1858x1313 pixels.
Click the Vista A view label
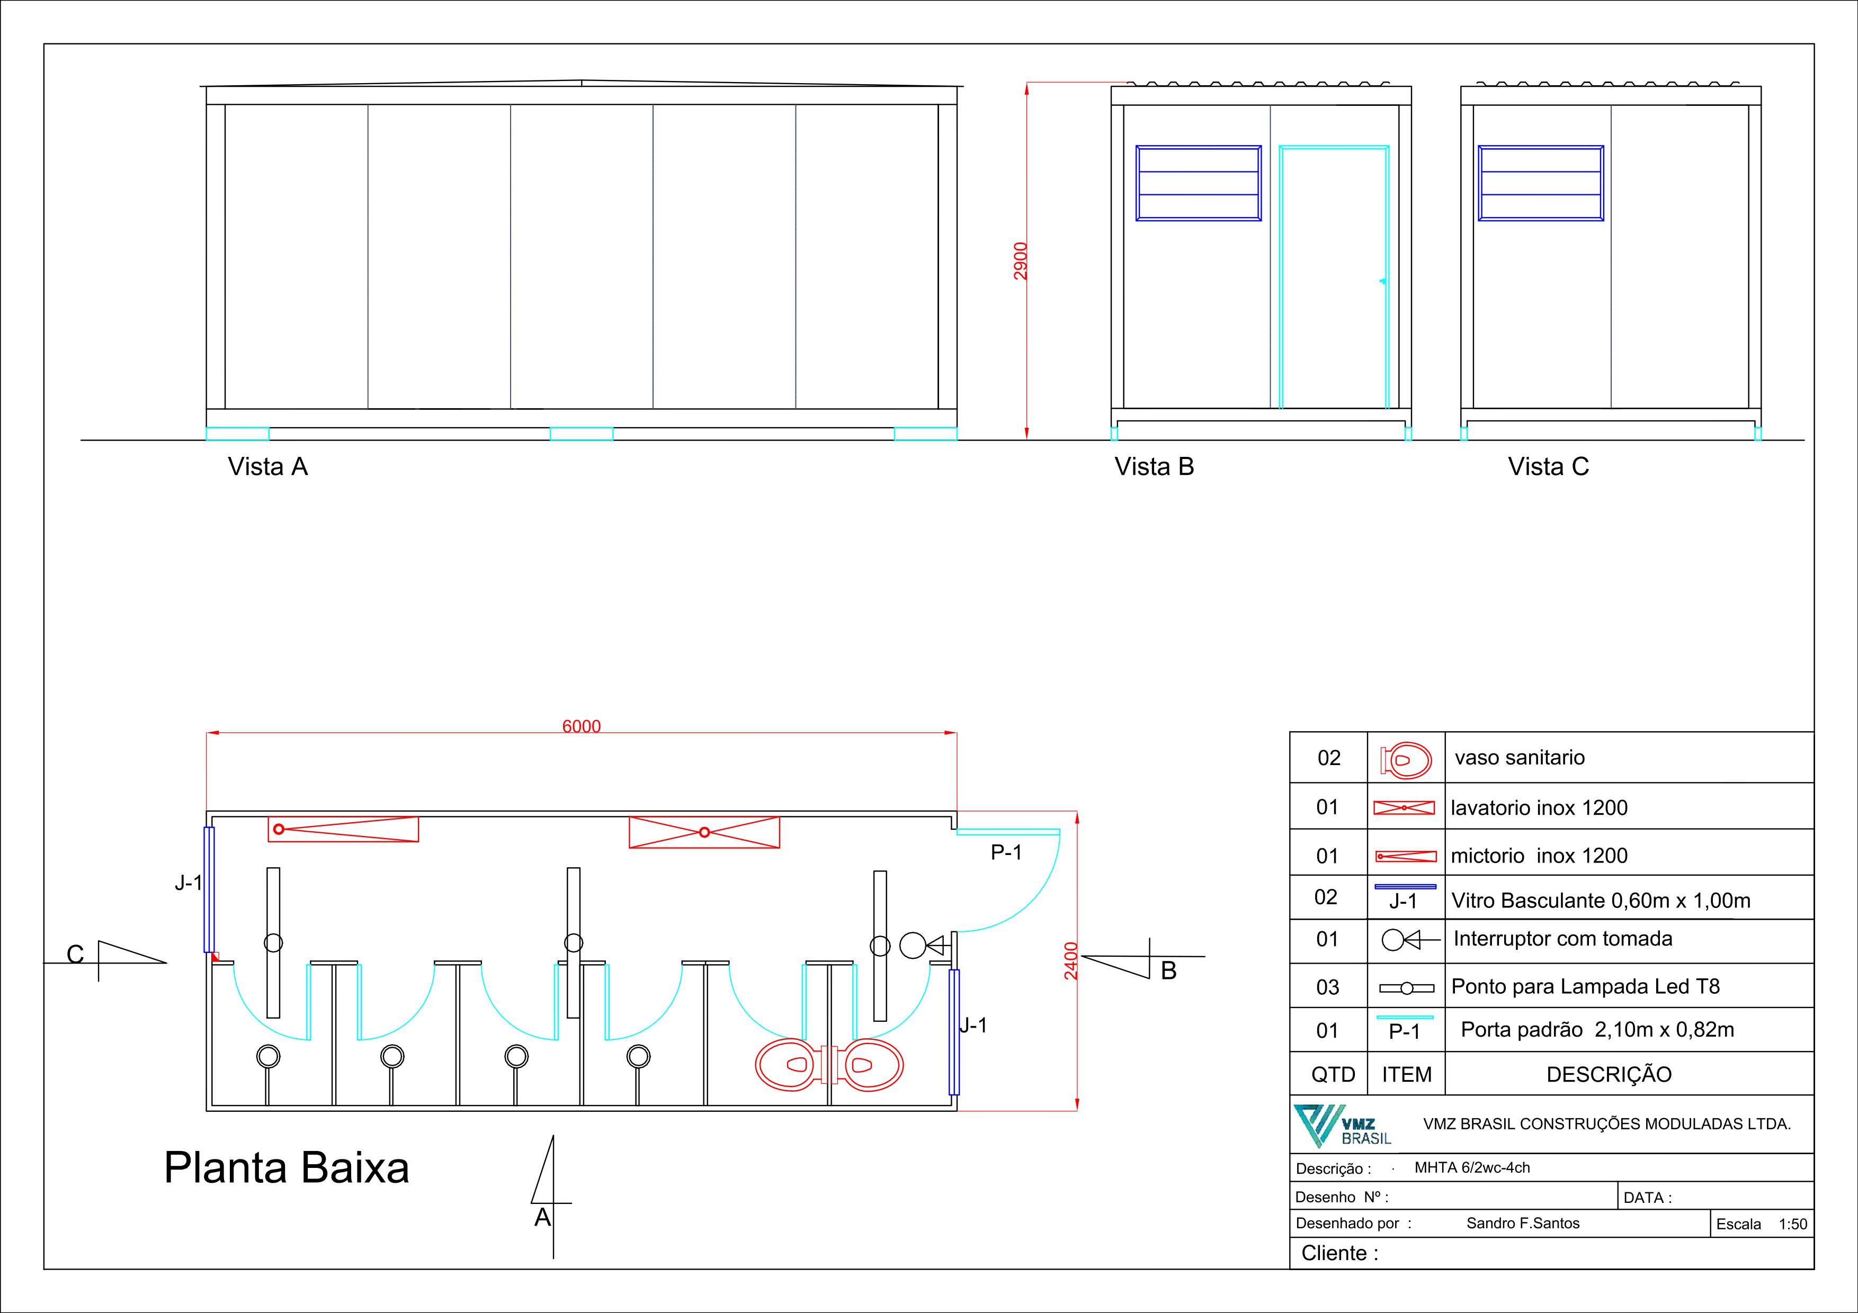268,467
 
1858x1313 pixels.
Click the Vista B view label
1154,467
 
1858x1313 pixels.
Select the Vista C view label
1548,467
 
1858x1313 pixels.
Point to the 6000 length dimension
581,726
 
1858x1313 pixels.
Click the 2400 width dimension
1070,960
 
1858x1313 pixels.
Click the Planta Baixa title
287,1167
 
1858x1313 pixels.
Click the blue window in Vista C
1541,183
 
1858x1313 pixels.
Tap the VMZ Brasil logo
1342,1125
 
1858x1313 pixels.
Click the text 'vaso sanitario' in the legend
1519,758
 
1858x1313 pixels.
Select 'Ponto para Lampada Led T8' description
1585,986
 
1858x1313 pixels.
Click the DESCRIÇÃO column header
1608,1074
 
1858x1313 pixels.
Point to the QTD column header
1333,1074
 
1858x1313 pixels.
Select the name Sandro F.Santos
1522,1223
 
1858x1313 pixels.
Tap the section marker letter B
1168,971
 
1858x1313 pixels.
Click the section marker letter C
75,955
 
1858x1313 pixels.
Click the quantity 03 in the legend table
1327,987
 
